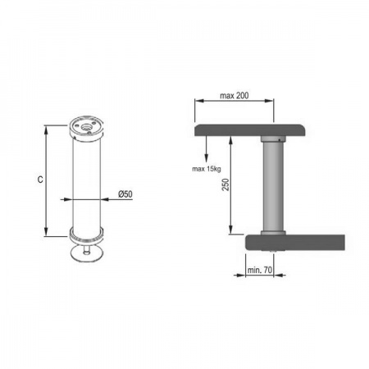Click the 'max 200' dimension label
[235, 96]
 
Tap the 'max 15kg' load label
[207, 169]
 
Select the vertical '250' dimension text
[225, 184]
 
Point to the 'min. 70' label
[260, 270]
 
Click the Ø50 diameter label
[125, 194]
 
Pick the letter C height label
[40, 180]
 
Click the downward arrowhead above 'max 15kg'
[207, 158]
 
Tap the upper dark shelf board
[250, 130]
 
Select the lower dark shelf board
[295, 243]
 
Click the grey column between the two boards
[273, 187]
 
